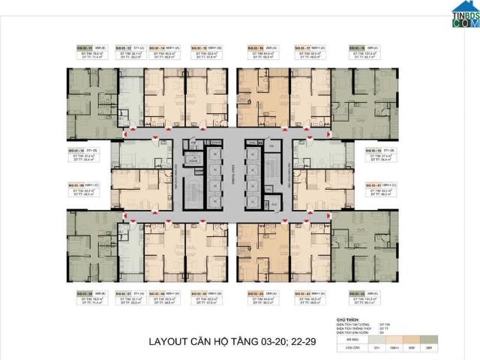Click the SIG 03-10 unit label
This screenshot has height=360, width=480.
point(78,151)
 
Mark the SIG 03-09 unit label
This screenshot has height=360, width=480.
point(78,182)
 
